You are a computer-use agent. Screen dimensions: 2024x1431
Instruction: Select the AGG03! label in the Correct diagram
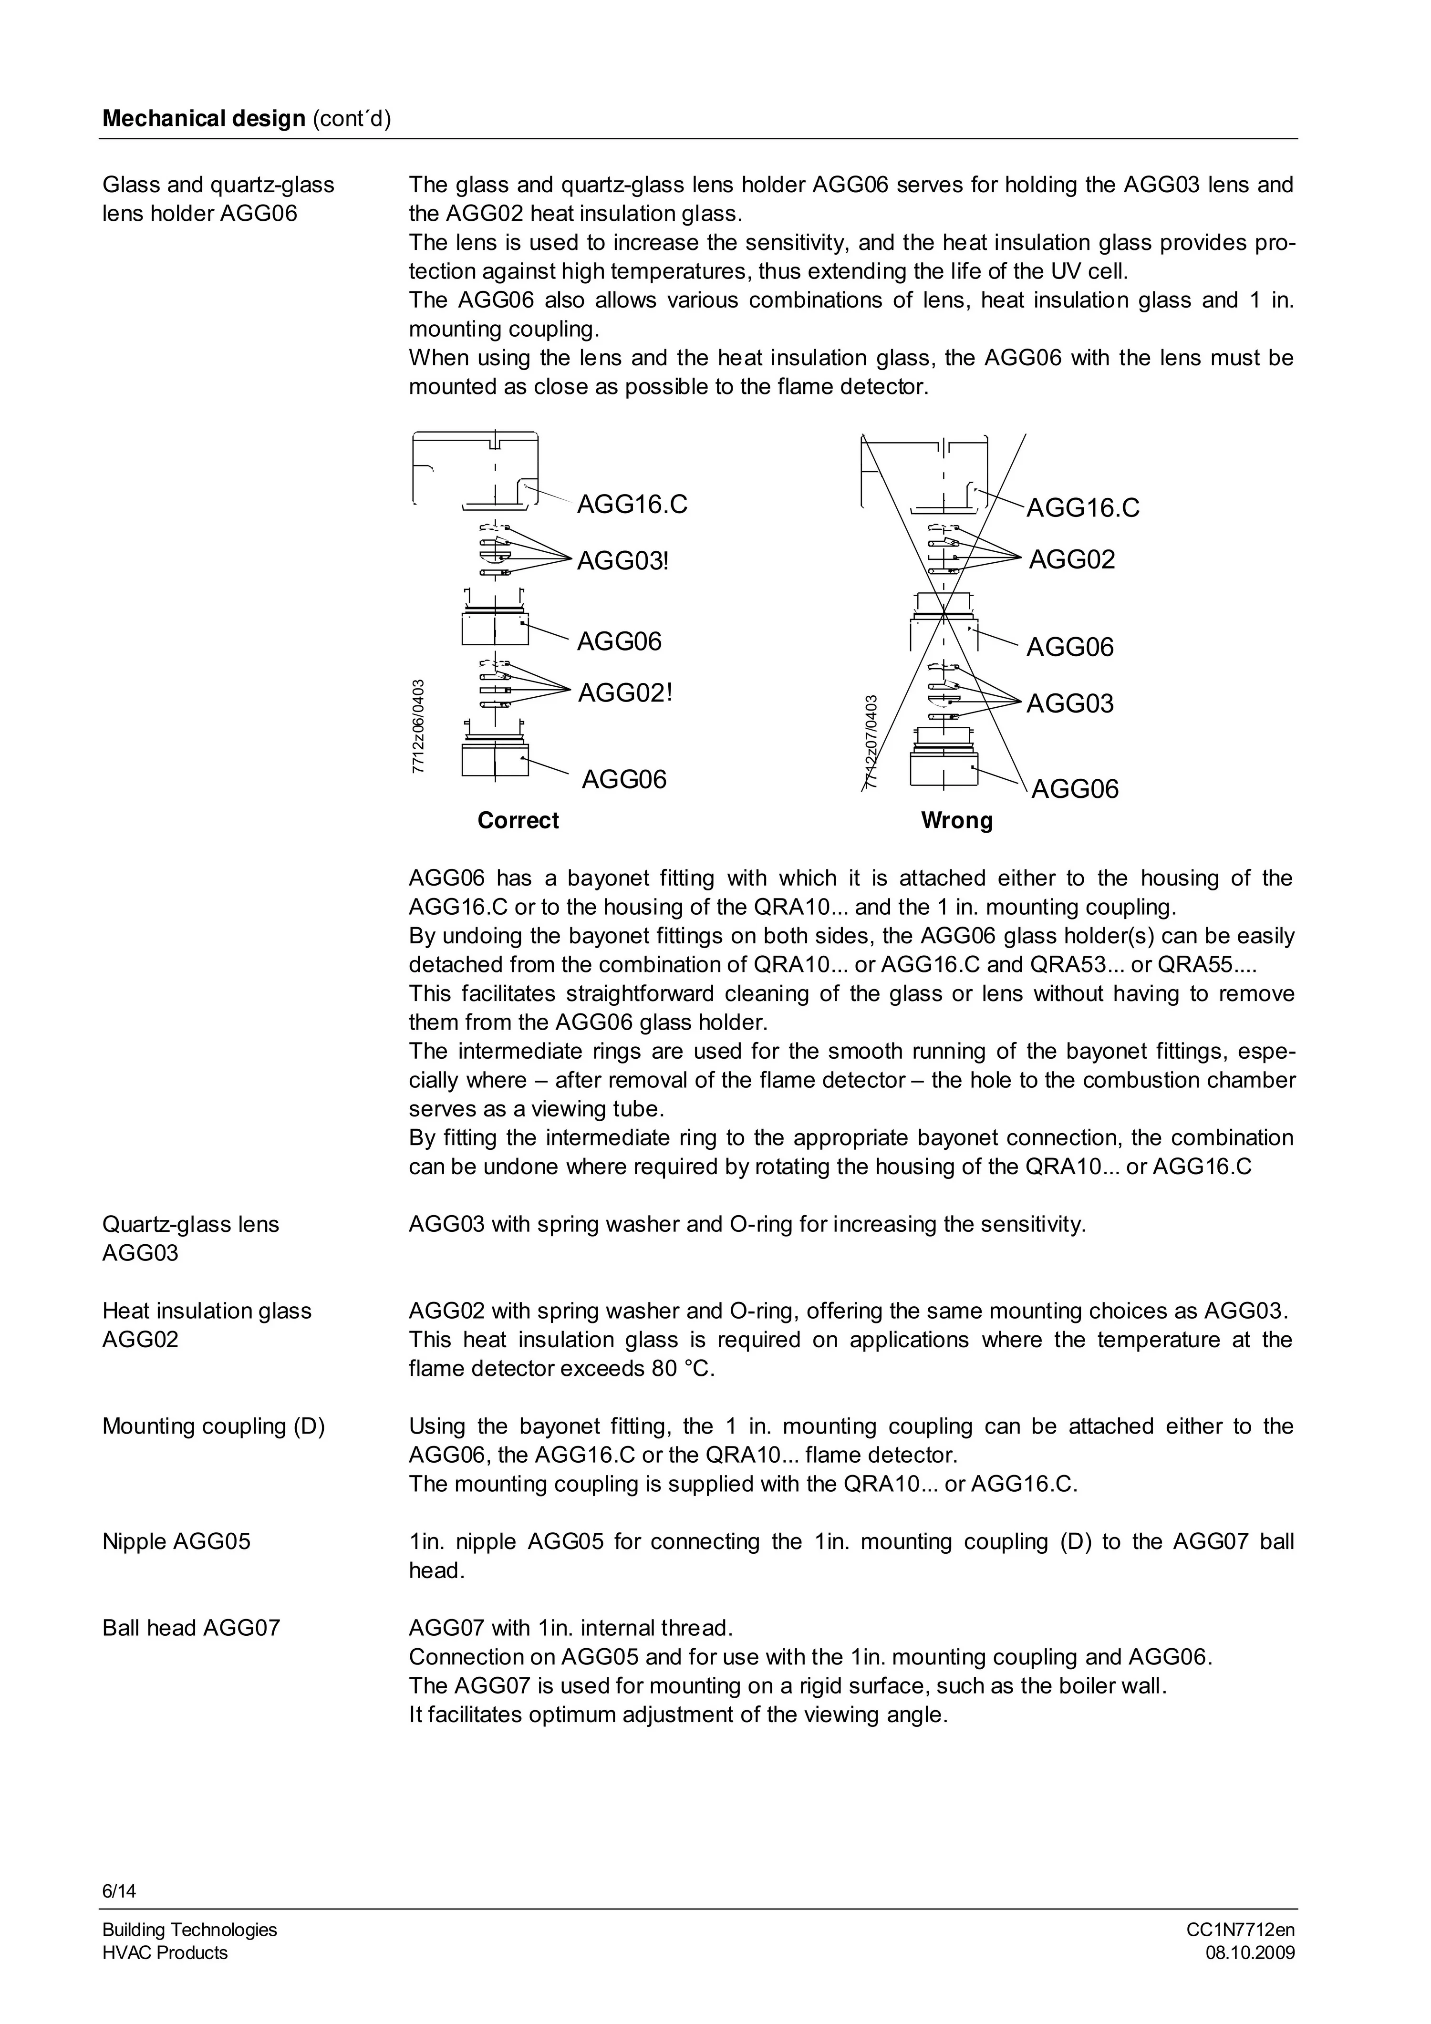(622, 561)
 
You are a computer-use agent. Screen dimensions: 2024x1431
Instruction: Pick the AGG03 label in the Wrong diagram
(1069, 703)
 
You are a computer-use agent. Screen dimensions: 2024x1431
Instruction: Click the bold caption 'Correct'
(518, 821)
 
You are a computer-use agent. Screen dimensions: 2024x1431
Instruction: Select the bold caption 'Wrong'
(957, 821)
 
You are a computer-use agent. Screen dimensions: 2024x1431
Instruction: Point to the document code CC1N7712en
(1240, 1930)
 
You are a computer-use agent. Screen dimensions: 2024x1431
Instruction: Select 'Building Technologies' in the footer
(189, 1930)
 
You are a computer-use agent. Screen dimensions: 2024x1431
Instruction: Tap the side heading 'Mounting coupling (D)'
(213, 1426)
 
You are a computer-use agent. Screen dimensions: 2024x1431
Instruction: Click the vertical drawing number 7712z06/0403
(419, 724)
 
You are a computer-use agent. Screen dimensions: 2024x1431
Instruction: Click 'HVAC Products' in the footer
(165, 1952)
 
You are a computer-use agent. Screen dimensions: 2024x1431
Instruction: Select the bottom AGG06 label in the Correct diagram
(624, 779)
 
